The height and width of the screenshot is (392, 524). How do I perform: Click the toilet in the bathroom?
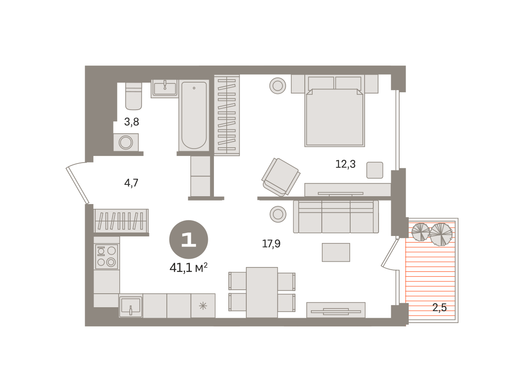[x=134, y=96]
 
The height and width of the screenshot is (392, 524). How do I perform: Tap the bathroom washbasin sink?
[x=165, y=89]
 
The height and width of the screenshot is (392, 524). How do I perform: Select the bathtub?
[x=194, y=115]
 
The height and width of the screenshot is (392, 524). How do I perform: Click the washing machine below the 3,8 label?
[x=126, y=142]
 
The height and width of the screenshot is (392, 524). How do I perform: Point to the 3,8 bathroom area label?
[x=131, y=122]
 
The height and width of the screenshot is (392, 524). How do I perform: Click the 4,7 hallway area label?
[x=131, y=183]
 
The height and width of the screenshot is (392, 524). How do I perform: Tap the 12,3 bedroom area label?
[x=345, y=164]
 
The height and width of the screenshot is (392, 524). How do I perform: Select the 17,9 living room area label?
[x=271, y=244]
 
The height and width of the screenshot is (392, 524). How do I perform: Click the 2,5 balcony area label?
[x=439, y=307]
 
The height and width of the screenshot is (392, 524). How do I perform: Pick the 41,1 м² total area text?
[x=188, y=267]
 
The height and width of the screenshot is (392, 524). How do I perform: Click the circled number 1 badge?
[x=189, y=239]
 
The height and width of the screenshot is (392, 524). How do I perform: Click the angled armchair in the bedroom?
[x=281, y=177]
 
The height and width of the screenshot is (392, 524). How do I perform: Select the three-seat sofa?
[x=336, y=217]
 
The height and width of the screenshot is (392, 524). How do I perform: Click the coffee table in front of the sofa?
[x=336, y=252]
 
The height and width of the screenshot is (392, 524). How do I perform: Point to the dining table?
[x=262, y=292]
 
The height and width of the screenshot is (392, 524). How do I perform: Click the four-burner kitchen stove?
[x=107, y=257]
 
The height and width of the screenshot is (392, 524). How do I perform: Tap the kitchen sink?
[x=131, y=305]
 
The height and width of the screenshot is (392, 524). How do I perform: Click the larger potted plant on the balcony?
[x=441, y=234]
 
